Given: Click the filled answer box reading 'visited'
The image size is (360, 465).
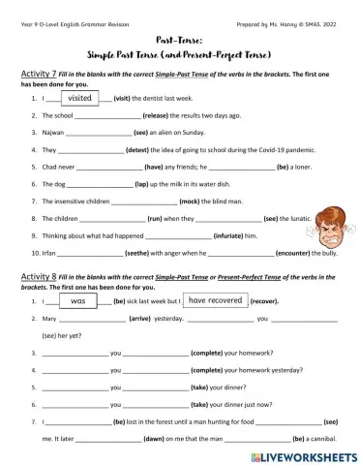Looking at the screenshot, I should point(80,98).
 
